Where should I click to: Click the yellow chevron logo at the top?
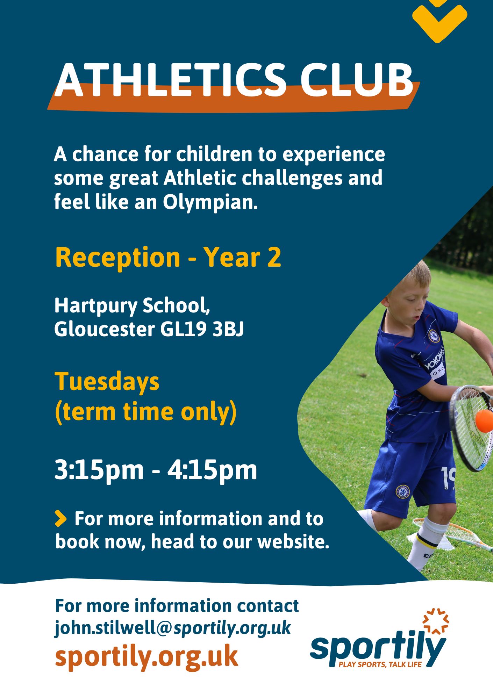[440, 19]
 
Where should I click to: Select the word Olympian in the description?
[210, 202]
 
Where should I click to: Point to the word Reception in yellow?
[117, 257]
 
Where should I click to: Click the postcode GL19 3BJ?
[202, 329]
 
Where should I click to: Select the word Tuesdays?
[107, 382]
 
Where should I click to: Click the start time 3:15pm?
[99, 470]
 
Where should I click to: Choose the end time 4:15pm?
[212, 470]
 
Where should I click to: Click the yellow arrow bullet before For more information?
[60, 519]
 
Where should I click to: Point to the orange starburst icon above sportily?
[436, 621]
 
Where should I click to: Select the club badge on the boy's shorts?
[402, 491]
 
